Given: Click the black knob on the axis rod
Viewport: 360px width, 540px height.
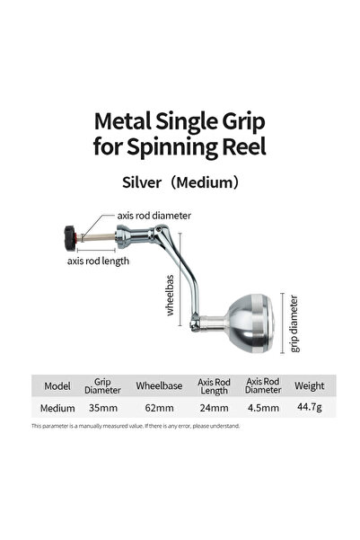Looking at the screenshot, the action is [x=70, y=239].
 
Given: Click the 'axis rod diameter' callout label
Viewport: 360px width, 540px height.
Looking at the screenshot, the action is [x=154, y=216].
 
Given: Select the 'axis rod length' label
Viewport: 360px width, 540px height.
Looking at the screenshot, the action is [x=98, y=261].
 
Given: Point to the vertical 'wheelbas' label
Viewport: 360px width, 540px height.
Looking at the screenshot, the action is [x=170, y=295].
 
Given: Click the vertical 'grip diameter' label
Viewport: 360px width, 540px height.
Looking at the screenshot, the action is [x=294, y=323].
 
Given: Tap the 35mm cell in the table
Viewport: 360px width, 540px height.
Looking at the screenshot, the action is [x=103, y=408].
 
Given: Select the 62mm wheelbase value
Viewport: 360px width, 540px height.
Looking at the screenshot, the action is [x=159, y=408].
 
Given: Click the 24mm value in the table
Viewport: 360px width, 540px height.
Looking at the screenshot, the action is [x=214, y=408].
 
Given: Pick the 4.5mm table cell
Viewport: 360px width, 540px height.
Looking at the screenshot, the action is [x=263, y=408].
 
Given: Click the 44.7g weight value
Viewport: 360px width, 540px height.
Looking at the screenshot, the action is [x=310, y=407].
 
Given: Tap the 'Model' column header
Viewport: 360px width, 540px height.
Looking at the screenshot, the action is [x=57, y=386].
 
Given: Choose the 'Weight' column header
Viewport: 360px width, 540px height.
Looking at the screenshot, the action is [x=309, y=386].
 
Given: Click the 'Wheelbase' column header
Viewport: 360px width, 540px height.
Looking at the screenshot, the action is [x=159, y=385].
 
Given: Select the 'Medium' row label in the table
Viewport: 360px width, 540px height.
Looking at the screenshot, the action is [x=57, y=409].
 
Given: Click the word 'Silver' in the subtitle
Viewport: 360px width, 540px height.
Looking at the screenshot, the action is [x=142, y=182].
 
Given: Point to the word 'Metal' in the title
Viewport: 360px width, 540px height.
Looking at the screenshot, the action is [x=122, y=121].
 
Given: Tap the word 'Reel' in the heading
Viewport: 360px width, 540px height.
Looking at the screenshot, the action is [x=244, y=146].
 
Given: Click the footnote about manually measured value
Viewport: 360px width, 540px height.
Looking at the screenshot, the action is [x=136, y=426].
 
